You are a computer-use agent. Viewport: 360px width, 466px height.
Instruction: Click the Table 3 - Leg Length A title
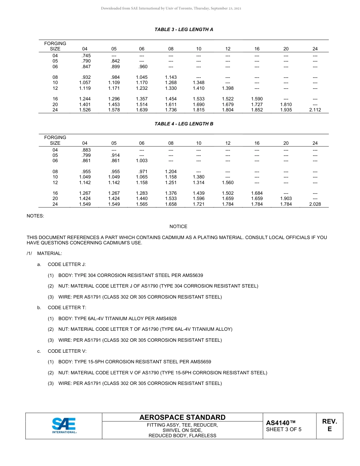(184, 30)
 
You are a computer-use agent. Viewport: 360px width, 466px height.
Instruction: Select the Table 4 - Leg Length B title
(184, 124)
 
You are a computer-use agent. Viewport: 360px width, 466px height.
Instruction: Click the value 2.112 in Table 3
(315, 110)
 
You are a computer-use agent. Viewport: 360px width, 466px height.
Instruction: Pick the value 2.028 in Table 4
(315, 204)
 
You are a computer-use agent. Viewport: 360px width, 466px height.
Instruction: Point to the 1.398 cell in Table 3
(228, 88)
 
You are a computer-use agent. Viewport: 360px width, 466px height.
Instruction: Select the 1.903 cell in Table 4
(286, 199)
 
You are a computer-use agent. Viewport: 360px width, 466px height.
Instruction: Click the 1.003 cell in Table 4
(142, 161)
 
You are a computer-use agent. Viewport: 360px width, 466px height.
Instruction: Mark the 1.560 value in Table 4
(228, 183)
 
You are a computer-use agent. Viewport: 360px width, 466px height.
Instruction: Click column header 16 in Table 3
(257, 49)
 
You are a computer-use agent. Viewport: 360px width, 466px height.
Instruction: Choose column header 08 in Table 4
(171, 143)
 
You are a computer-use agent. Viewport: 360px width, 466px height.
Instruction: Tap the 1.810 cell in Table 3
(286, 104)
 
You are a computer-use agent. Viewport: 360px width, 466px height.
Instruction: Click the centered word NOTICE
(178, 227)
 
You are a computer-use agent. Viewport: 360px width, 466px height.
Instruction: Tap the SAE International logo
(64, 425)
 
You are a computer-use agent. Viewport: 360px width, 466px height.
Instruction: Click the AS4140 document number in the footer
(280, 423)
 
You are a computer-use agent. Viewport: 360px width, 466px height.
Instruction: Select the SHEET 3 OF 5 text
(283, 430)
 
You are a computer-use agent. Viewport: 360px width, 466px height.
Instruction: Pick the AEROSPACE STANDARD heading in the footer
(182, 418)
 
